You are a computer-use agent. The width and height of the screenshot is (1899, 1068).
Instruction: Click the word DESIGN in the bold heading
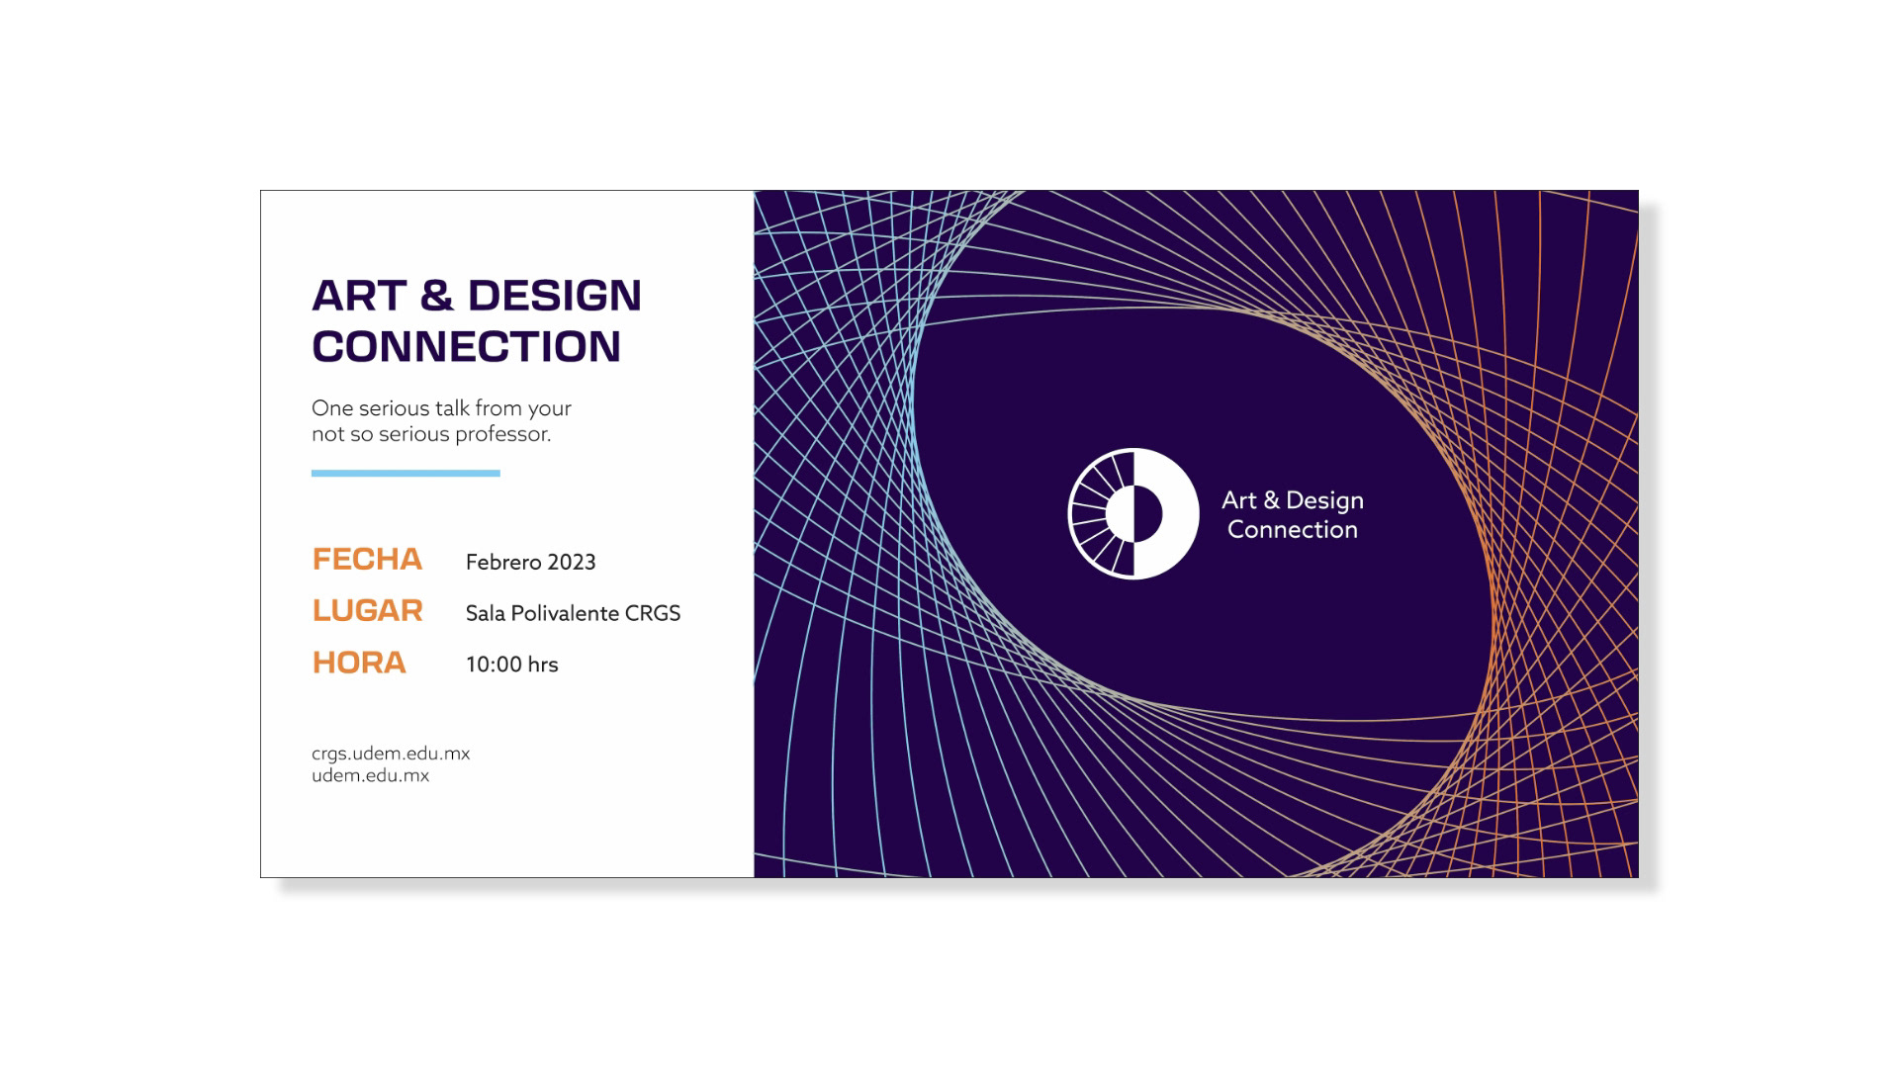pos(554,296)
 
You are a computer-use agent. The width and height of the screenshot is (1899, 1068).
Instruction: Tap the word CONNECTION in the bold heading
pos(467,346)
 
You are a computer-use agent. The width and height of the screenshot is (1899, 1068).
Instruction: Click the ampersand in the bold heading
pos(436,296)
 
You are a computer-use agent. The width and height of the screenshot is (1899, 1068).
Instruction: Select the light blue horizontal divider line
pos(406,474)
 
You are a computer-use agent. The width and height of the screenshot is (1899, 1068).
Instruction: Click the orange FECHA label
pos(367,560)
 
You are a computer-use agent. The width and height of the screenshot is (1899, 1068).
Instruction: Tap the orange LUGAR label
pos(368,611)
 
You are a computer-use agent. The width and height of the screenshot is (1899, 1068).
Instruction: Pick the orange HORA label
pos(359,663)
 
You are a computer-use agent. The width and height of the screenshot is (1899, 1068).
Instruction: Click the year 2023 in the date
pos(572,562)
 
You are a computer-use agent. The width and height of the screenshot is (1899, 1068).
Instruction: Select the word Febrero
pos(503,562)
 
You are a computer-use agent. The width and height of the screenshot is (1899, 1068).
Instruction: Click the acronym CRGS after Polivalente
pos(653,613)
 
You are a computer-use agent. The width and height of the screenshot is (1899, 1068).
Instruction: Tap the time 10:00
pos(494,665)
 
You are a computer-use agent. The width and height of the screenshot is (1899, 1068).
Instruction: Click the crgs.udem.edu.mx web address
pos(391,754)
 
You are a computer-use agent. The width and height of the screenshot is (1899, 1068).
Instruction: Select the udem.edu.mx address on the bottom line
pos(371,775)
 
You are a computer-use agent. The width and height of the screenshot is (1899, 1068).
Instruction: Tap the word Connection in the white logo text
pos(1293,530)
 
